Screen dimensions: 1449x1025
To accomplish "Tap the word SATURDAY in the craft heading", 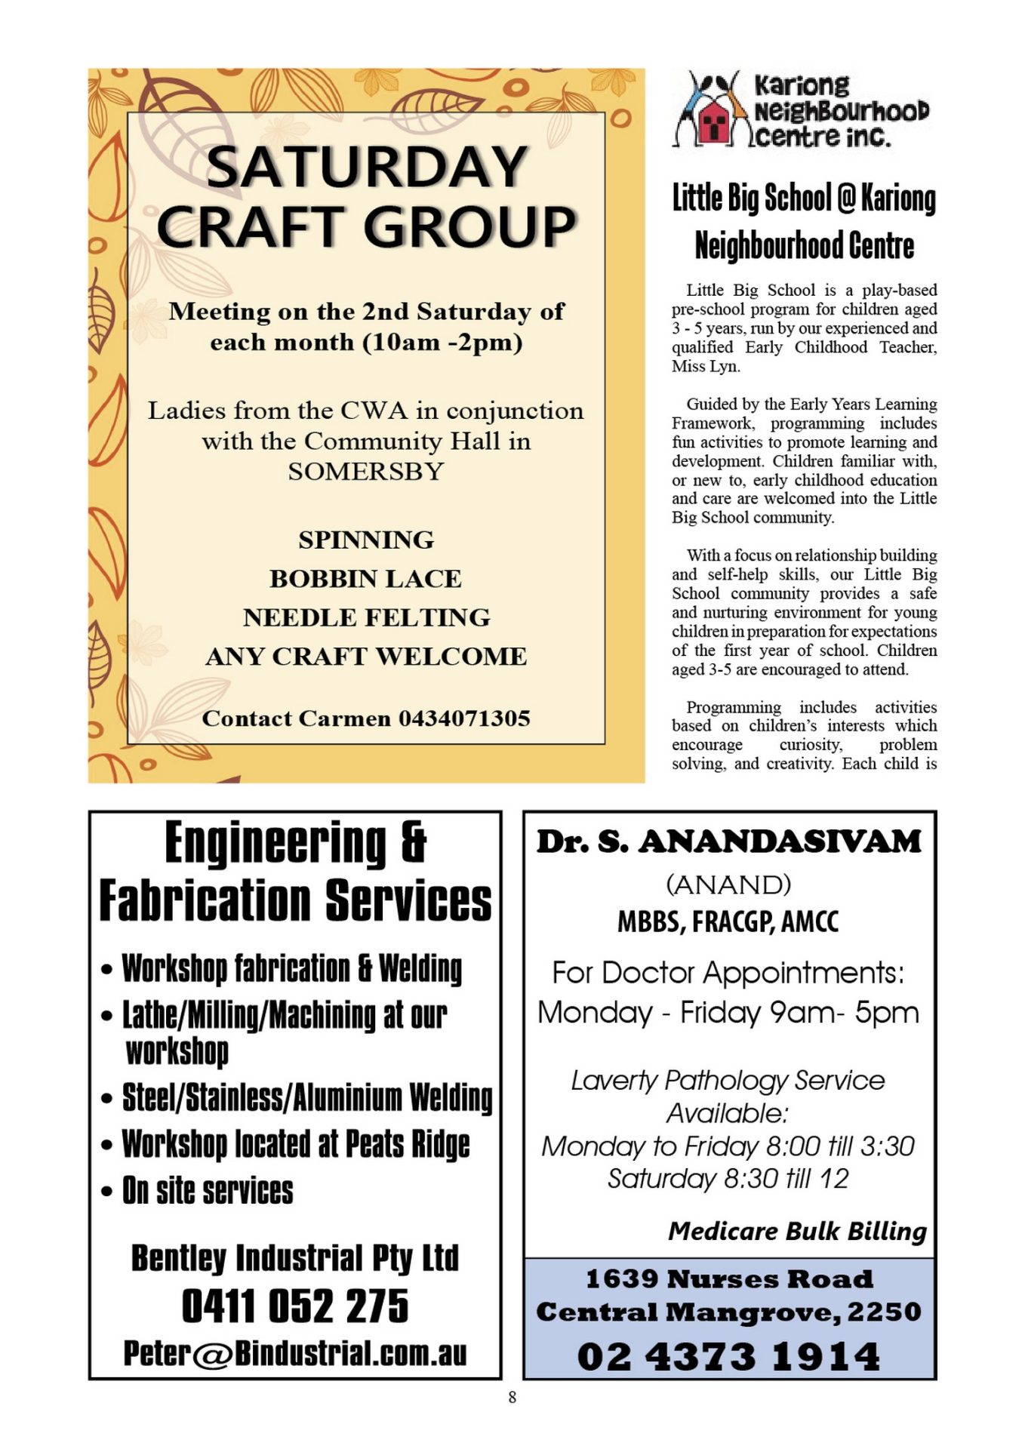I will (366, 167).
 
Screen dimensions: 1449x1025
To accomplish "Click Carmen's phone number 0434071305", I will (464, 718).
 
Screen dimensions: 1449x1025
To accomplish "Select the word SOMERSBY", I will (366, 472).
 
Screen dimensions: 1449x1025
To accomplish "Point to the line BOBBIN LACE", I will (366, 579).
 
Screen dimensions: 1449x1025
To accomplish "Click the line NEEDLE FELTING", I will (366, 618).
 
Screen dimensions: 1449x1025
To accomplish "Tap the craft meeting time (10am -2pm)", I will (442, 343).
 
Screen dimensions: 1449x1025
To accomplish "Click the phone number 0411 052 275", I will (295, 1307).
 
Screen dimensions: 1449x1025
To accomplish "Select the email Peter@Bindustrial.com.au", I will (295, 1354).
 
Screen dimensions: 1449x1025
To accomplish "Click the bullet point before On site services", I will (107, 1193).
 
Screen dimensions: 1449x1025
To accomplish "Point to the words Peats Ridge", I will (408, 1145).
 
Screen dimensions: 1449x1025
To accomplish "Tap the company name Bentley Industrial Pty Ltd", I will (295, 1258).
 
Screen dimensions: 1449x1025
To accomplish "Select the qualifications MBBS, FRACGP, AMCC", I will (728, 922).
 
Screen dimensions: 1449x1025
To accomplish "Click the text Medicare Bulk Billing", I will (797, 1232).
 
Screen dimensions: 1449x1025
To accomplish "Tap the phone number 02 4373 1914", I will (728, 1356).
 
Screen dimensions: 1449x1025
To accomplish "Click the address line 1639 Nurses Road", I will (728, 1279).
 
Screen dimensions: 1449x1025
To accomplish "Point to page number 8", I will (512, 1397).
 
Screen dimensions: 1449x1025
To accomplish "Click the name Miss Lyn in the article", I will (704, 367).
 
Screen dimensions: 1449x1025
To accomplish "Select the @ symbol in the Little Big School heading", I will (847, 198).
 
